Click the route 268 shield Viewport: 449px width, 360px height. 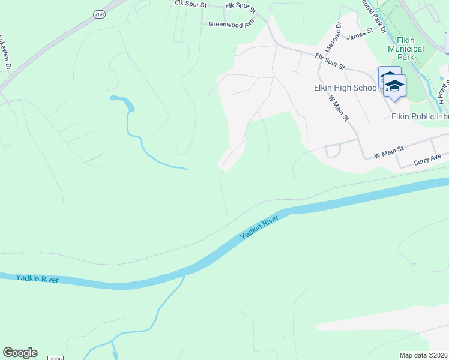click(98, 14)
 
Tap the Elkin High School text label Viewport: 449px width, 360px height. click(346, 88)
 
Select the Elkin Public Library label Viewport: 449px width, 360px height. click(420, 116)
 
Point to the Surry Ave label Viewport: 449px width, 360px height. click(428, 160)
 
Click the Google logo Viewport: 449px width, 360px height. click(20, 353)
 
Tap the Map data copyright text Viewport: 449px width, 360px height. click(424, 355)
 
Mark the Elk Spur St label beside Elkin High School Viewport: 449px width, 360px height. click(330, 61)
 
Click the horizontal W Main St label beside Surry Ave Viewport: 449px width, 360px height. click(390, 154)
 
